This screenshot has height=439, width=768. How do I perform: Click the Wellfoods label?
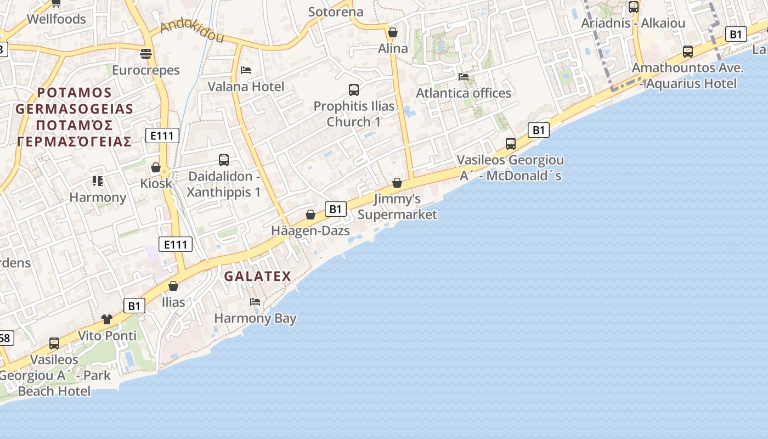point(57,19)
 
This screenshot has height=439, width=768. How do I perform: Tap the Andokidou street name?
point(192,32)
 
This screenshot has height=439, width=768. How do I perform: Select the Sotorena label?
point(336,12)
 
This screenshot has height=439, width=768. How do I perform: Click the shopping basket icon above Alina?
point(393,32)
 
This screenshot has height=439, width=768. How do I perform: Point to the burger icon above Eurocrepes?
point(146,53)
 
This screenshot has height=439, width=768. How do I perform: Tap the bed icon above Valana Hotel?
point(246,70)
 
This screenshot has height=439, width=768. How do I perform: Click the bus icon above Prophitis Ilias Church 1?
point(354,89)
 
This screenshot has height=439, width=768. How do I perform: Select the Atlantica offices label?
point(464,93)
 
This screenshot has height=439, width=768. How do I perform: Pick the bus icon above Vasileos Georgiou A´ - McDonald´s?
point(511,144)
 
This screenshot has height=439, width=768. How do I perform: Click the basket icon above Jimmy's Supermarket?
point(397,182)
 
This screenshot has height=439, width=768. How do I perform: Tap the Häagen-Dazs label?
point(310,231)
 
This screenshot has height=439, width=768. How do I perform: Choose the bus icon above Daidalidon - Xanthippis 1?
point(224,160)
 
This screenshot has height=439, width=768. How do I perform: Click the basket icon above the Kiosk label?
point(156,167)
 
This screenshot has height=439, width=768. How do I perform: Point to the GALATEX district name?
point(258,276)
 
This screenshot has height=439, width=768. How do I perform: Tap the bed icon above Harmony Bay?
point(255,302)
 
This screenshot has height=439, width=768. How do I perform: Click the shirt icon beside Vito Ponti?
point(107,319)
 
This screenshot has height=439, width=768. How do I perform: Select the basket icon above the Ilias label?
point(173,286)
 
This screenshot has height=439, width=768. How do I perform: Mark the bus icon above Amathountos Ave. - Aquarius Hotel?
point(688,52)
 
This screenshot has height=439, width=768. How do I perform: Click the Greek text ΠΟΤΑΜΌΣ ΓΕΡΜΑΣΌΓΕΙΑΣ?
point(75,133)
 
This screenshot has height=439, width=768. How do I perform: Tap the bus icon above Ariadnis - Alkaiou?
point(634,7)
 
